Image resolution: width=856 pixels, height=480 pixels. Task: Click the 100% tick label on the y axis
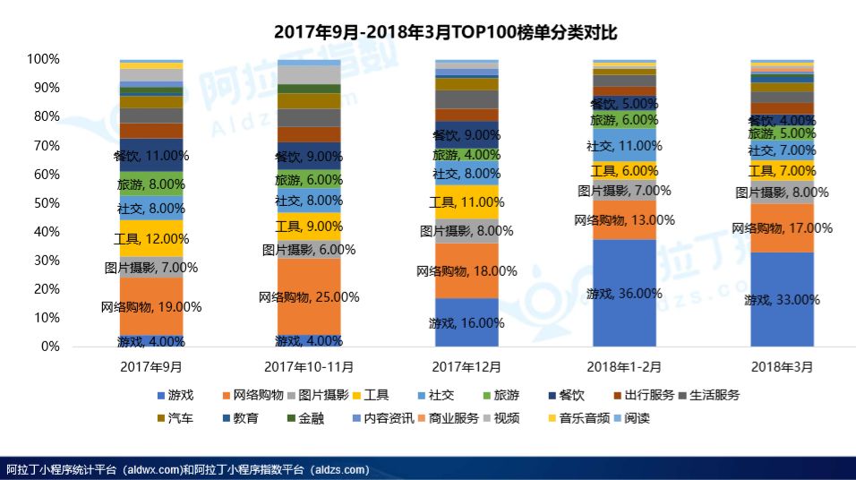[x=43, y=59]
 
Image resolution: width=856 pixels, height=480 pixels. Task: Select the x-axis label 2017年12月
[x=467, y=366]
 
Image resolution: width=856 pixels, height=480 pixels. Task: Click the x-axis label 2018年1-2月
[x=624, y=366]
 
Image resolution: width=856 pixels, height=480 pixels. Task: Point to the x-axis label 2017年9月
[x=151, y=366]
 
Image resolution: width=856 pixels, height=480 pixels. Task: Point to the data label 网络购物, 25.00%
[x=309, y=296]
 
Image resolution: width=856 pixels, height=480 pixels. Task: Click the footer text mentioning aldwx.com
[x=188, y=469]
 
